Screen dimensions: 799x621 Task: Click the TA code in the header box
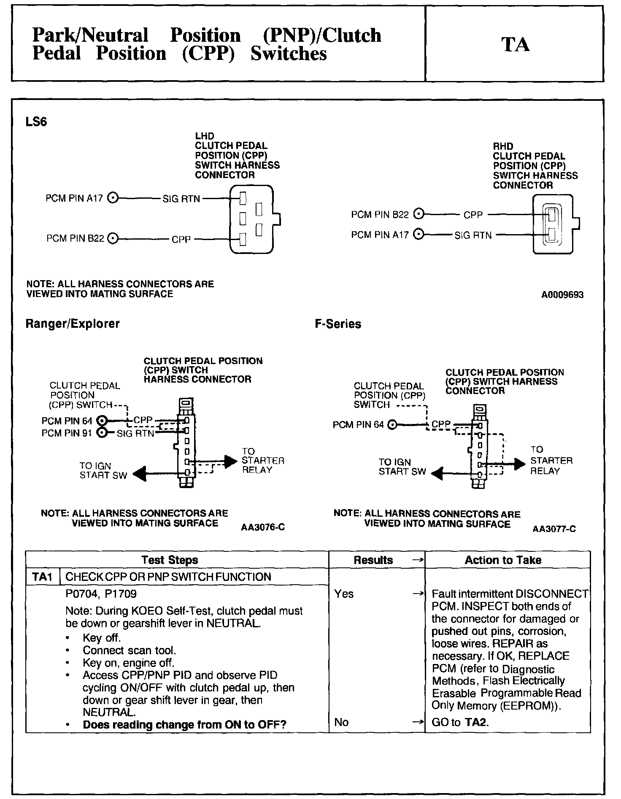point(515,44)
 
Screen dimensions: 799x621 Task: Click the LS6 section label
point(36,122)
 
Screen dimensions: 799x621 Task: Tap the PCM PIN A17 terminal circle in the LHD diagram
point(113,198)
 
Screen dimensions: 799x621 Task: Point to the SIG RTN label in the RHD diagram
point(473,235)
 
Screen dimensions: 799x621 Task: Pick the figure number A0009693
point(562,295)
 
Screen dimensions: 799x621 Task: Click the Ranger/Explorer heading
point(73,324)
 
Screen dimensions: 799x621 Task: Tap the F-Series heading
point(338,324)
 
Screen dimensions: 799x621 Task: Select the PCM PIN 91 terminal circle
point(102,433)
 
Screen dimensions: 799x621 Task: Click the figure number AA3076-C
point(263,527)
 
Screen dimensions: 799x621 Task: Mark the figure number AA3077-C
point(554,529)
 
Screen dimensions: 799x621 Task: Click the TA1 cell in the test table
point(42,577)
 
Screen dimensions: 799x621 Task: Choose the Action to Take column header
point(503,560)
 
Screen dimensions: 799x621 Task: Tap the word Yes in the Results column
point(344,594)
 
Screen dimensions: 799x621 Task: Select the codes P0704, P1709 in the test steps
point(101,594)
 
